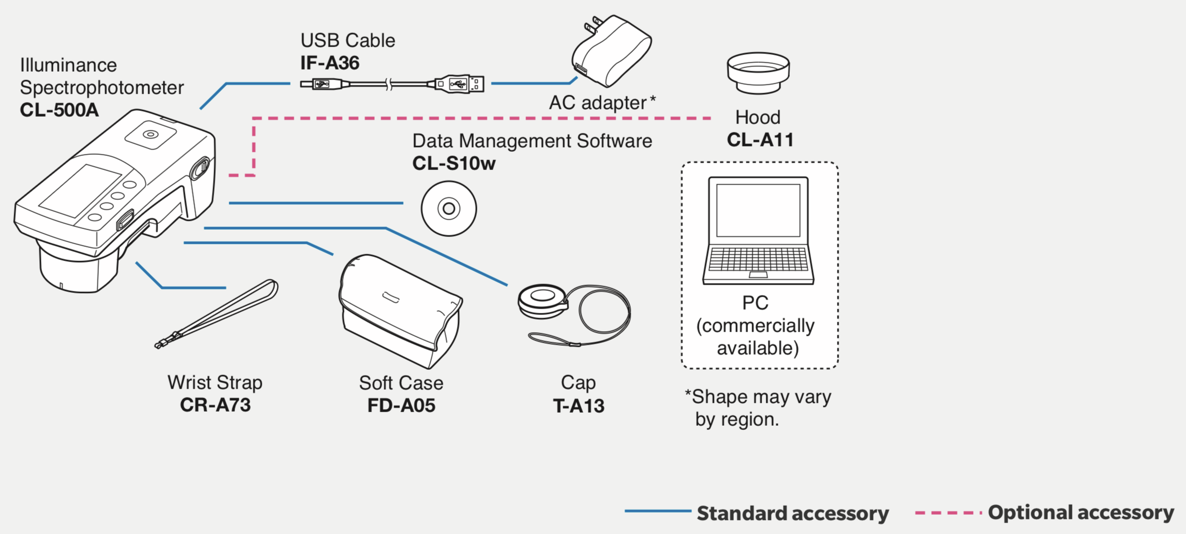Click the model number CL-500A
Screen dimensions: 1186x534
pos(59,110)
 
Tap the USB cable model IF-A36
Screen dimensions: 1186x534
pos(330,63)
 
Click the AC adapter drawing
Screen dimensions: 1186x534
pos(611,51)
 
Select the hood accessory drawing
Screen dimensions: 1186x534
pos(758,73)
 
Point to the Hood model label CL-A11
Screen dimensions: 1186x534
pos(760,140)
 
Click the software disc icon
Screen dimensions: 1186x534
pos(449,209)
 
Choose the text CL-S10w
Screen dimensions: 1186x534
pos(454,163)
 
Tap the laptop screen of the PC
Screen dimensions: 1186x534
pos(758,210)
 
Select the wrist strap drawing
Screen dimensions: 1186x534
pos(217,314)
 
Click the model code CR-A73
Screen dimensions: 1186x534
pos(215,405)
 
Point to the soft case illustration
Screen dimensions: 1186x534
pos(400,312)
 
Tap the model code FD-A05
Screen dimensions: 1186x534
pos(401,405)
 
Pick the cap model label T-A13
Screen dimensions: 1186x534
pos(578,406)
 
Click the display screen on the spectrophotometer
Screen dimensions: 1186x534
pos(81,191)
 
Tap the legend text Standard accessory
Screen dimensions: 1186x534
pos(792,513)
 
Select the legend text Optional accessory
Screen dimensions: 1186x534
pos(1081,513)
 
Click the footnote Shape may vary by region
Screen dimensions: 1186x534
pos(758,408)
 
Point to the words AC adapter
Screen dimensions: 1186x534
pos(598,103)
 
